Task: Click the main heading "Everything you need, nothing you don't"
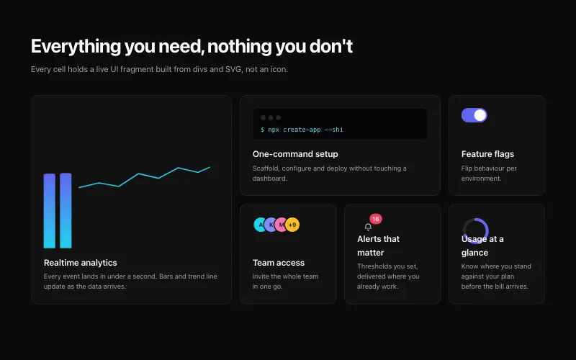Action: pos(192,46)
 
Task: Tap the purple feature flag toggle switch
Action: pos(474,115)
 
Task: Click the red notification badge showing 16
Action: pos(375,219)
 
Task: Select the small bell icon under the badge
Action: pos(368,227)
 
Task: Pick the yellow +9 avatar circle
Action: pos(292,225)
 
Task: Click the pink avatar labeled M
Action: pos(281,225)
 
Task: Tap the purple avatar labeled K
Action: pos(271,225)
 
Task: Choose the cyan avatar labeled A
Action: pos(260,225)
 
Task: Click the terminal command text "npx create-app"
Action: pos(294,130)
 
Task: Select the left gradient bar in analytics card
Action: pos(50,211)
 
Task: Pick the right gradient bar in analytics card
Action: pos(66,210)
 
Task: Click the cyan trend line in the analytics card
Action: pos(139,174)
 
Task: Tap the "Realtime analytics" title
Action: pos(81,263)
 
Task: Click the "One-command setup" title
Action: pos(295,154)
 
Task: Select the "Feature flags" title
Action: pos(487,154)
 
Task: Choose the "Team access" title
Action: pos(279,263)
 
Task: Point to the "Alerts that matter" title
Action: pos(379,246)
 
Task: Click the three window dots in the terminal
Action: pos(271,117)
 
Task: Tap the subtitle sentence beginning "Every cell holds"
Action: pos(159,69)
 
